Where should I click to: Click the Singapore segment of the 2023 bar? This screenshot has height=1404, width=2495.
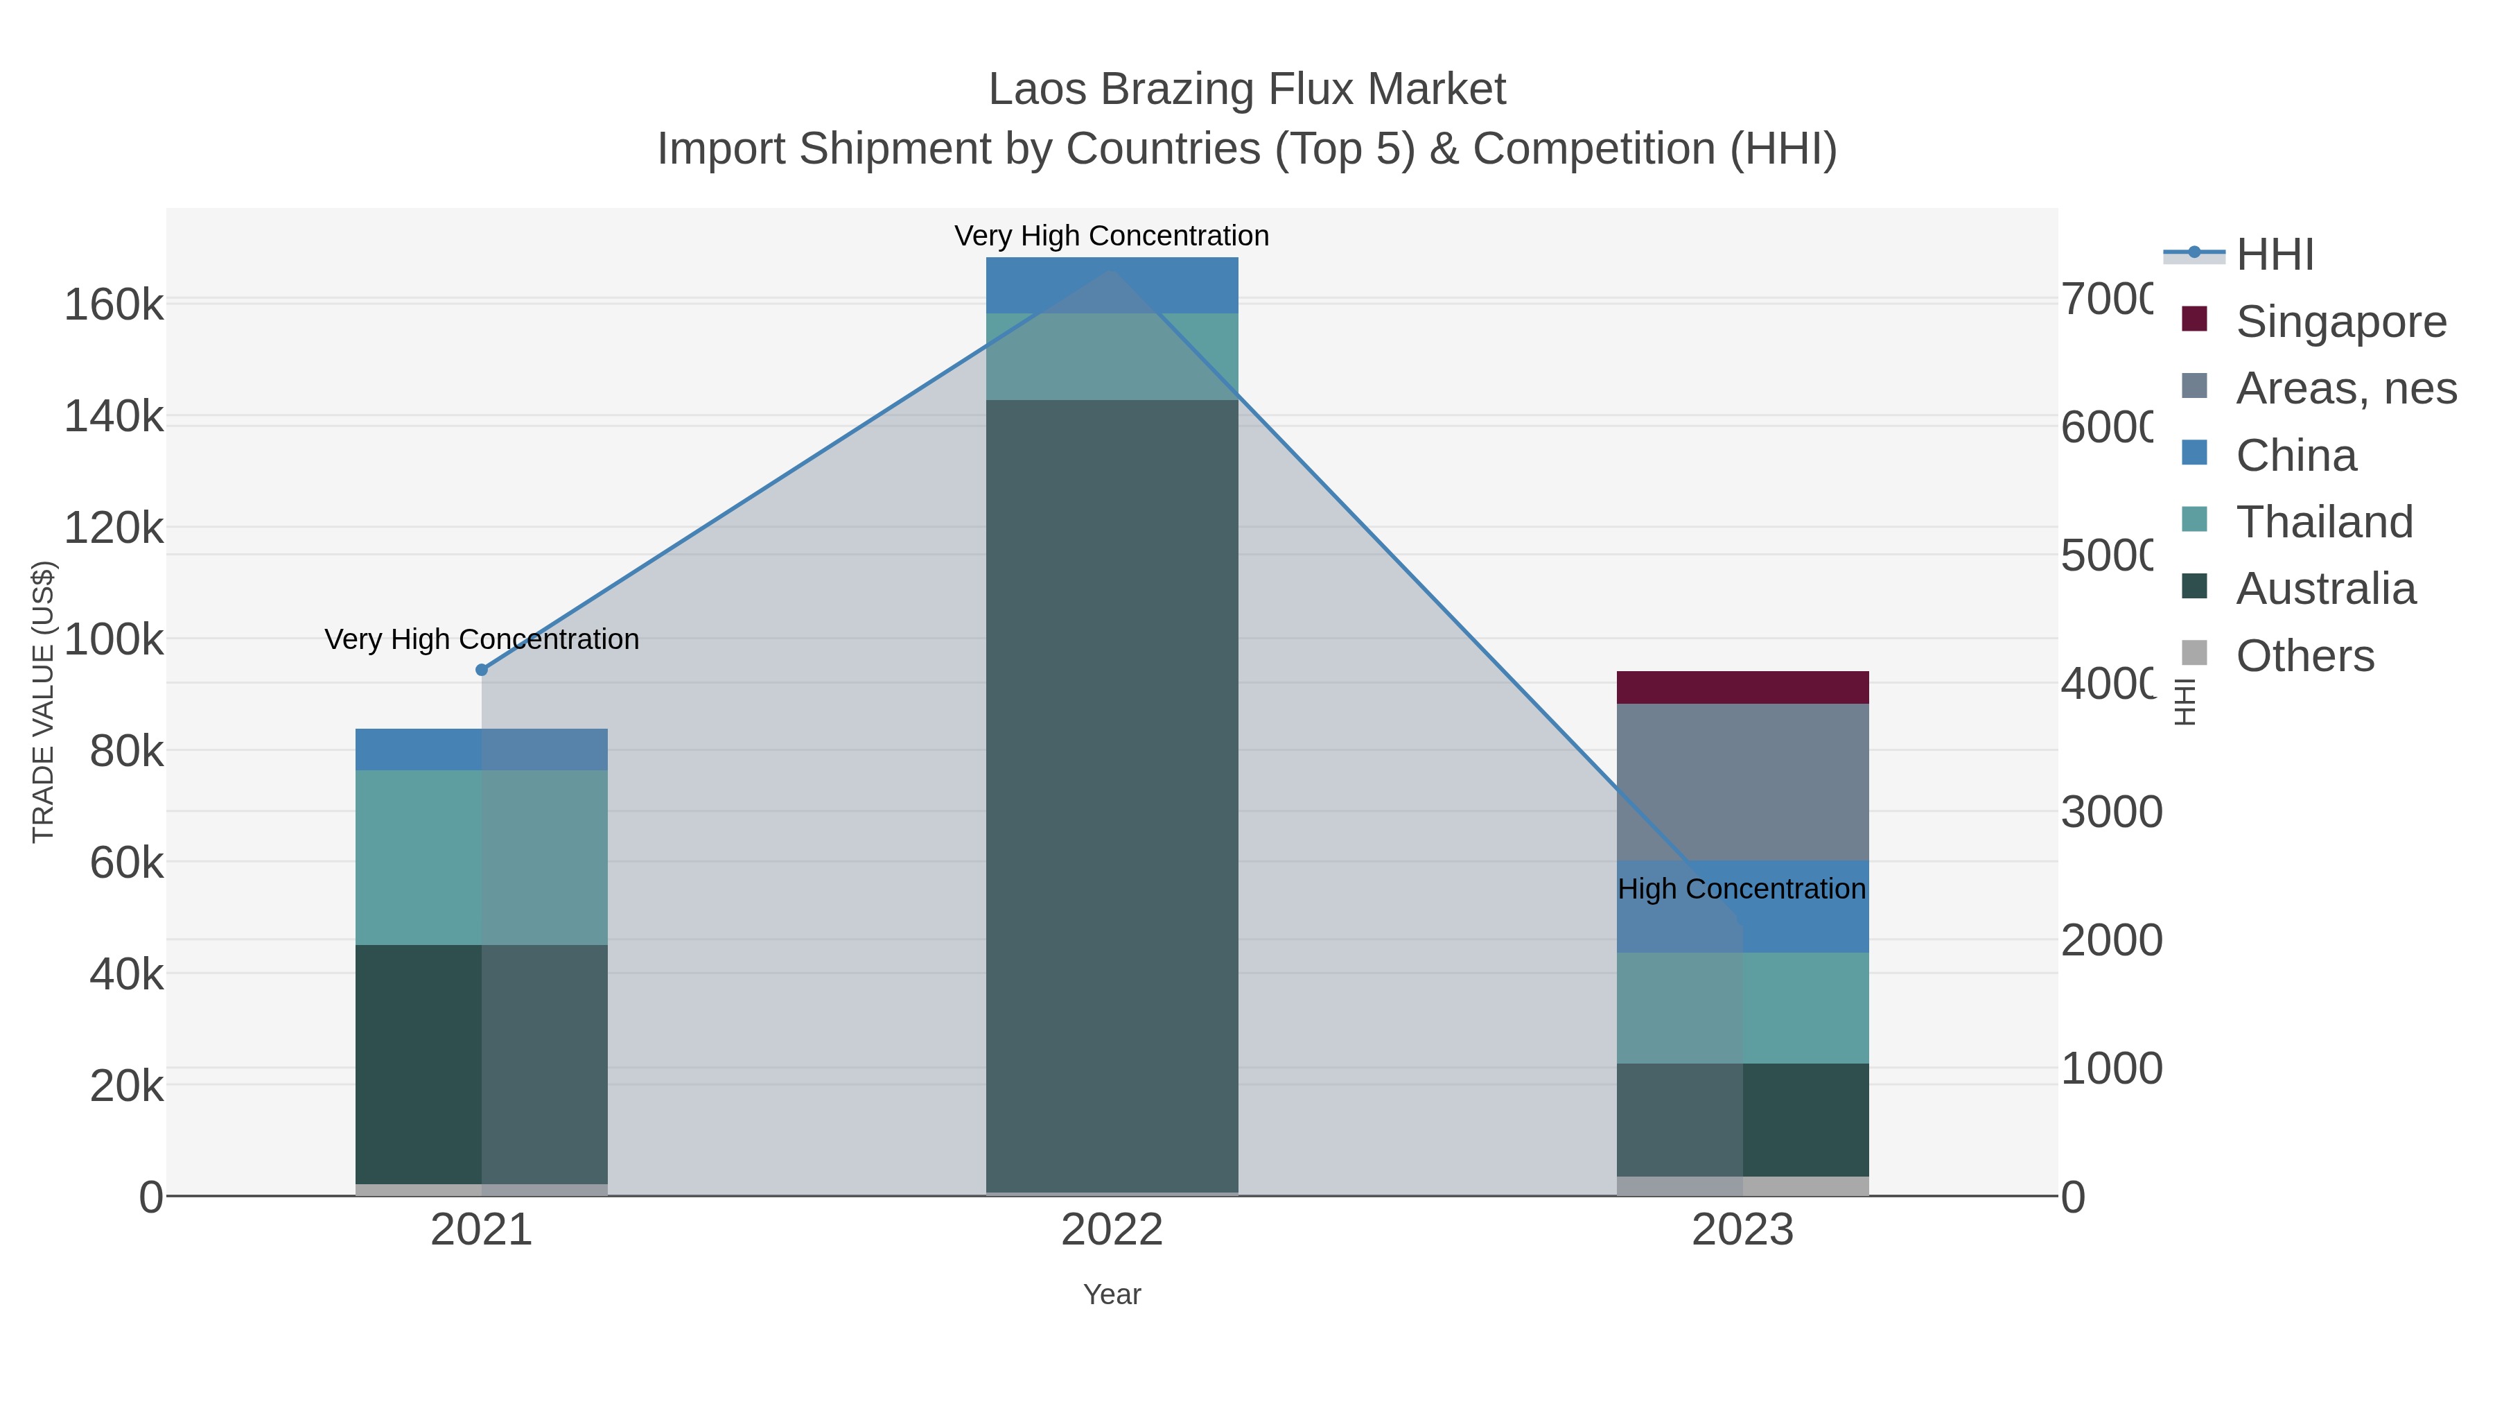1742,687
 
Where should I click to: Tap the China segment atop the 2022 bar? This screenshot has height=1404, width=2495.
1112,285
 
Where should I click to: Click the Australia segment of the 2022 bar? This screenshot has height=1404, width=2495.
1112,795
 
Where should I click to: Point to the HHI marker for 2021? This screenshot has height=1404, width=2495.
482,670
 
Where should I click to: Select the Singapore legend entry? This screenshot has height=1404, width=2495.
2340,322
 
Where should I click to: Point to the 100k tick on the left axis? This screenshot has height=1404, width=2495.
114,639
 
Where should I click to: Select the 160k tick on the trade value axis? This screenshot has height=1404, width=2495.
114,305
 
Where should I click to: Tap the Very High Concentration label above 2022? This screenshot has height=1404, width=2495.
1111,236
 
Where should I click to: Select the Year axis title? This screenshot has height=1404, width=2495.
1112,1294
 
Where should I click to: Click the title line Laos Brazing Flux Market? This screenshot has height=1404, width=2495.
1247,89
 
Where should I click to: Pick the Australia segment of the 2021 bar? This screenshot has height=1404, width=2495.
482,1063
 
